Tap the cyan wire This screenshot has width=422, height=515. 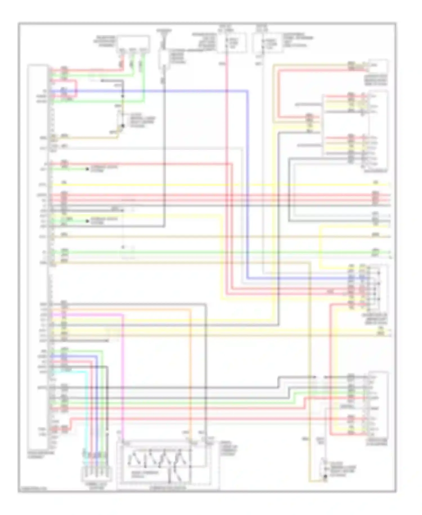[x=86, y=409]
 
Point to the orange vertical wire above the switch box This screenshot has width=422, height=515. [x=190, y=366]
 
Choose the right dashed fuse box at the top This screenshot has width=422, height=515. [x=267, y=43]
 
